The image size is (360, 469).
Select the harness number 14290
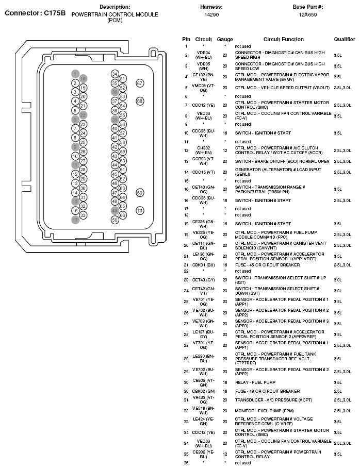211,15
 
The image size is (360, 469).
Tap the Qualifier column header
344,39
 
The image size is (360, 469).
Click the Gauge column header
225,39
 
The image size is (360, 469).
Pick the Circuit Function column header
283,39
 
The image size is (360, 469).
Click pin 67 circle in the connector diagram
139,83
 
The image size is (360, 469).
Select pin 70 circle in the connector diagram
139,211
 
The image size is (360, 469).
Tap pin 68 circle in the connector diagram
139,102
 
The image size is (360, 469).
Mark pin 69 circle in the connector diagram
139,193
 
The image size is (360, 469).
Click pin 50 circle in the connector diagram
114,220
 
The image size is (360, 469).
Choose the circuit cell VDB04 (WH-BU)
203,55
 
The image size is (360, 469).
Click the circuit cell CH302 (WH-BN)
203,150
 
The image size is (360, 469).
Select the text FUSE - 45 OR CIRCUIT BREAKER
267,265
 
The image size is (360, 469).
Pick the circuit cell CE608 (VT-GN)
203,382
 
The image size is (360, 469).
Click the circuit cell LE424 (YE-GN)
203,421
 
